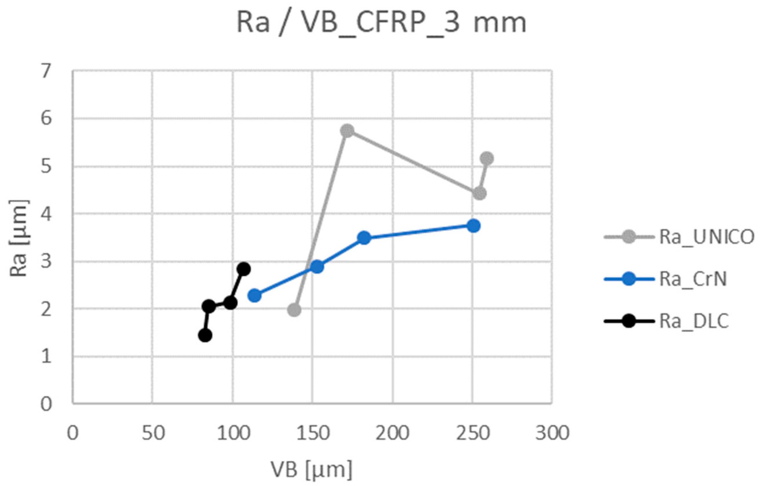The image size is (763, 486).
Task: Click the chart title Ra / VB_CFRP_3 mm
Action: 382,24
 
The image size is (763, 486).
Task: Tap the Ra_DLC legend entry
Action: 694,321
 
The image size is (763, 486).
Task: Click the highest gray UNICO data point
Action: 347,131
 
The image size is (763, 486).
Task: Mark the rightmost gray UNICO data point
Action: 487,158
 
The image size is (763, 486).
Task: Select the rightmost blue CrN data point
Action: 473,226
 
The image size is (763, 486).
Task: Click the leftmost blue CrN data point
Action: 254,296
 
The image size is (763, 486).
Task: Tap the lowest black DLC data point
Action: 205,335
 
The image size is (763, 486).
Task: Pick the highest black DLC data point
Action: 244,269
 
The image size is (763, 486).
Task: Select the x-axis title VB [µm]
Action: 312,469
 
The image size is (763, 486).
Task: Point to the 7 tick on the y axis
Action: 46,71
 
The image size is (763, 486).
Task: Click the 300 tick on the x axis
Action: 552,433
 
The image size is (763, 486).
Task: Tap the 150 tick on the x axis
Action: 312,433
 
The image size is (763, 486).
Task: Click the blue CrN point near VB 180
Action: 364,238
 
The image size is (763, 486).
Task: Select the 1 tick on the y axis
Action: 46,356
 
